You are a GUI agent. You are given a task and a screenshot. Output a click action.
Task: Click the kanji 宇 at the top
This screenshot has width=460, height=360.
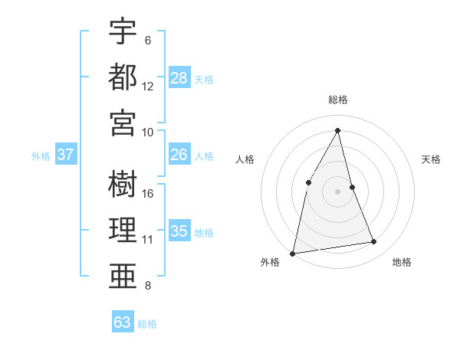point(123,31)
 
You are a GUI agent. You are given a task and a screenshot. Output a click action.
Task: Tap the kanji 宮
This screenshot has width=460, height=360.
point(123,122)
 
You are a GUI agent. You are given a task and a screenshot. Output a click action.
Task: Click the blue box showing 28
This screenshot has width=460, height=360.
point(179,77)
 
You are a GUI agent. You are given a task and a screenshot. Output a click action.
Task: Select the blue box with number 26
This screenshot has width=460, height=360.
point(179,154)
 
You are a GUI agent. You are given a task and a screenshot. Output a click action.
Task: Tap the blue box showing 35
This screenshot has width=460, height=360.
point(179,231)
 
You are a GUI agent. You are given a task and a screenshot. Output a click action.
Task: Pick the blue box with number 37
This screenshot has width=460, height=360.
point(66,154)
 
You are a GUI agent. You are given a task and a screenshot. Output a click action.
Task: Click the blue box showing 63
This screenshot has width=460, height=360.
point(123,322)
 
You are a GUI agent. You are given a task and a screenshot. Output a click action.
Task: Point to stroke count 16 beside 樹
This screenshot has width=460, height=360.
point(148,193)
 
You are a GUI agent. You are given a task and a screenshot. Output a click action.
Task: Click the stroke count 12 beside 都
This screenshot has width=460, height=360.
point(148,87)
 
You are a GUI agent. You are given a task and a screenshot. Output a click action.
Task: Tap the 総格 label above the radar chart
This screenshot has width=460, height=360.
point(338,100)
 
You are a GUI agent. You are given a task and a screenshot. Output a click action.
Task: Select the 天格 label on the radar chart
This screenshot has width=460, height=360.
point(431,159)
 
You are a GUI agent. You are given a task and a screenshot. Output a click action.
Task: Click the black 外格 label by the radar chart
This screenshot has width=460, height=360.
point(270,262)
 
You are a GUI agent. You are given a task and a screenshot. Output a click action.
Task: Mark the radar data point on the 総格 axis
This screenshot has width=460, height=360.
point(338,130)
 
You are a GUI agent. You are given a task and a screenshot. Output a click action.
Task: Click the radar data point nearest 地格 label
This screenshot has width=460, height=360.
point(374,242)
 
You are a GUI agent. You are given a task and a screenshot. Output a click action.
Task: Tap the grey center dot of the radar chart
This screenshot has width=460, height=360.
point(338,191)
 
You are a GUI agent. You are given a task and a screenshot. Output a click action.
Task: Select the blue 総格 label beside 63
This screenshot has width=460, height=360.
point(148,324)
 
